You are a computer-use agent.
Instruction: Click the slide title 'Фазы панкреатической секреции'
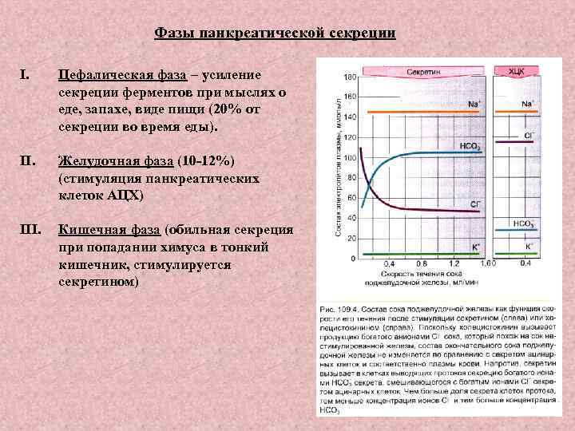pos(274,33)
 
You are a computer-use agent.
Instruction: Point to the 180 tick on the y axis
pos(350,77)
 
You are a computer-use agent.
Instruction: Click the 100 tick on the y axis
pos(350,158)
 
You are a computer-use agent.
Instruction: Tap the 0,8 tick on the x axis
pos(422,263)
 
